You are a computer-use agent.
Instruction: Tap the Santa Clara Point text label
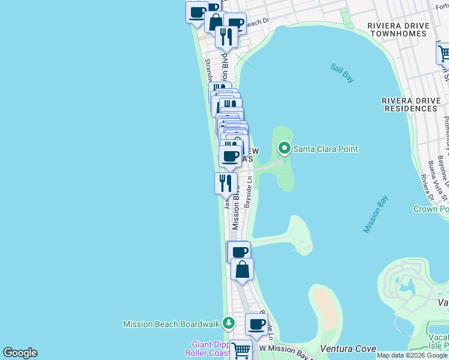325,149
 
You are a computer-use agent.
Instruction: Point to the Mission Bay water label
375,214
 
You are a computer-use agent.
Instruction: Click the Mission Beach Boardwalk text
171,324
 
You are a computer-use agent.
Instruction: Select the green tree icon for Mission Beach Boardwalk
228,324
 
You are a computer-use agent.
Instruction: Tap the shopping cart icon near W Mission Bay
241,349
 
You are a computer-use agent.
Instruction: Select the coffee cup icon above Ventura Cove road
256,325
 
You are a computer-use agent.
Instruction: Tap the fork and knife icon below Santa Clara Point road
226,182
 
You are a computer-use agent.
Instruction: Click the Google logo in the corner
20,353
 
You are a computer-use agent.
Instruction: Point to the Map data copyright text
412,356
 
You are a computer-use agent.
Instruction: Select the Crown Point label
431,209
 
